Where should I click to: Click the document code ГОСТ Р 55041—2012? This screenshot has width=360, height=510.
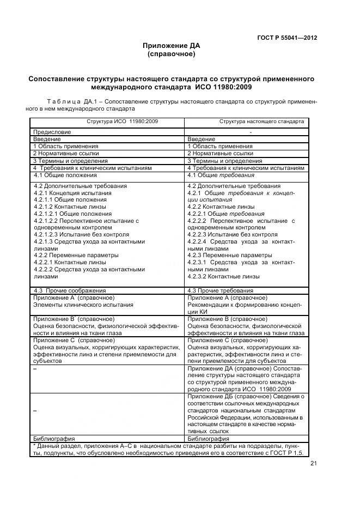pos(287,38)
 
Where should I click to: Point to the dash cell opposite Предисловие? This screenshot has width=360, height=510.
pos(250,132)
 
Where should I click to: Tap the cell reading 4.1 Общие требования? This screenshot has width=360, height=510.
pos(221,175)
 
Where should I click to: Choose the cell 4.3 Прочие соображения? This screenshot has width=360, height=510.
pos(70,291)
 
